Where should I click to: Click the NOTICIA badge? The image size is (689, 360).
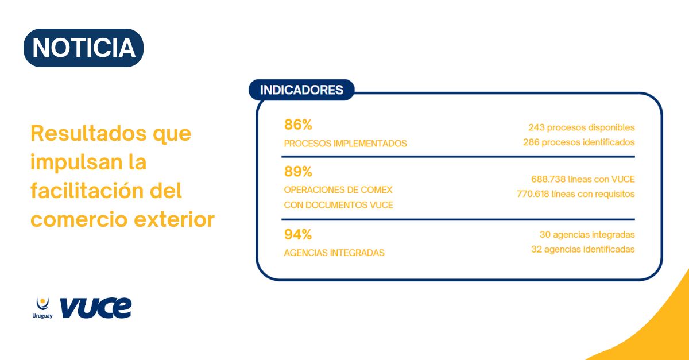click(83, 48)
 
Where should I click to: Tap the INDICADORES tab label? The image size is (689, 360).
click(301, 90)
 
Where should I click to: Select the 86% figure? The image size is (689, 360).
click(298, 125)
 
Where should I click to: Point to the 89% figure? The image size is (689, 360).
click(298, 172)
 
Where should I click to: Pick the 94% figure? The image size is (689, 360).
click(298, 234)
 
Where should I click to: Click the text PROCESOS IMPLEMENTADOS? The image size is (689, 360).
click(345, 144)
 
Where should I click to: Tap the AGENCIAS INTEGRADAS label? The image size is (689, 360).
click(334, 253)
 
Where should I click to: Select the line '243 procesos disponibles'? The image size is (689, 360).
click(581, 127)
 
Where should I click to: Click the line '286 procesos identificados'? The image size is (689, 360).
click(578, 142)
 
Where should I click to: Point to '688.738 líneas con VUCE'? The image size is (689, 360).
click(583, 179)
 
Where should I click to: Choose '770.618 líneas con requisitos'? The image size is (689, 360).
click(575, 194)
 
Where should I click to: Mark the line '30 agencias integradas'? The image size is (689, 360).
click(587, 235)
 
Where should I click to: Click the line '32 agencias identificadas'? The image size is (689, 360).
click(583, 250)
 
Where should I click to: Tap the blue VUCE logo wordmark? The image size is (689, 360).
click(95, 308)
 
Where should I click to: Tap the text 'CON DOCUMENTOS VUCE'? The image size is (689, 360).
click(338, 205)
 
